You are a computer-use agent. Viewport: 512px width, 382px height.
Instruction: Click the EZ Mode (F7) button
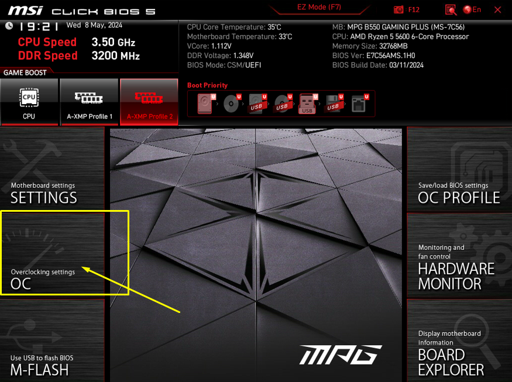click(x=319, y=7)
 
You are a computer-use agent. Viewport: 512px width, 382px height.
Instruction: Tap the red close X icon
click(x=497, y=10)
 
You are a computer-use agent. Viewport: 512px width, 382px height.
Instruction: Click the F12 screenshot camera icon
click(x=398, y=10)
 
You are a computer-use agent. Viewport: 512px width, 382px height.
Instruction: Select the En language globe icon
click(x=468, y=10)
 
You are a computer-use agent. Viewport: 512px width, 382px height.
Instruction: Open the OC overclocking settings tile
click(x=52, y=255)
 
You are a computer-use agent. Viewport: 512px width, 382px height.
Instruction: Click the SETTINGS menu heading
click(x=44, y=198)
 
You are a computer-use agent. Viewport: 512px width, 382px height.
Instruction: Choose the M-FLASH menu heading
click(x=40, y=370)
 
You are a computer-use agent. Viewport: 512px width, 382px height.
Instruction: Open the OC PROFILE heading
click(x=459, y=198)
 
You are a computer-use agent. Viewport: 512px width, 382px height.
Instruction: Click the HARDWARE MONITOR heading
click(x=456, y=276)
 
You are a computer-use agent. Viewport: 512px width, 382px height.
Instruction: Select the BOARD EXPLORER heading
click(x=451, y=363)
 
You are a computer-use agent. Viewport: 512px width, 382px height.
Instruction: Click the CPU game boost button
click(x=29, y=102)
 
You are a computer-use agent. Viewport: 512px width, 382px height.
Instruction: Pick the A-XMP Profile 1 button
click(x=89, y=102)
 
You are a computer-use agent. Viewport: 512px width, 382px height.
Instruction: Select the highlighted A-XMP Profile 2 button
click(x=149, y=102)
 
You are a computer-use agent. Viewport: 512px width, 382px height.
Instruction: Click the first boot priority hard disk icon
click(x=205, y=104)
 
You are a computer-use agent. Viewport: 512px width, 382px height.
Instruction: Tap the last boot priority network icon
click(x=359, y=104)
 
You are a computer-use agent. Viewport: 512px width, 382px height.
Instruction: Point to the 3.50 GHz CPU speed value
click(x=114, y=42)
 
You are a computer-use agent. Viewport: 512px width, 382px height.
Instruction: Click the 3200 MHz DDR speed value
click(x=116, y=56)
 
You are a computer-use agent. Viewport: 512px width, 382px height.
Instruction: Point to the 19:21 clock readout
click(x=39, y=26)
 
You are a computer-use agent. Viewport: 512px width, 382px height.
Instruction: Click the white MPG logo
click(x=341, y=355)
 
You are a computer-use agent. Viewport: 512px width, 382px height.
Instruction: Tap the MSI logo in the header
click(x=26, y=11)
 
